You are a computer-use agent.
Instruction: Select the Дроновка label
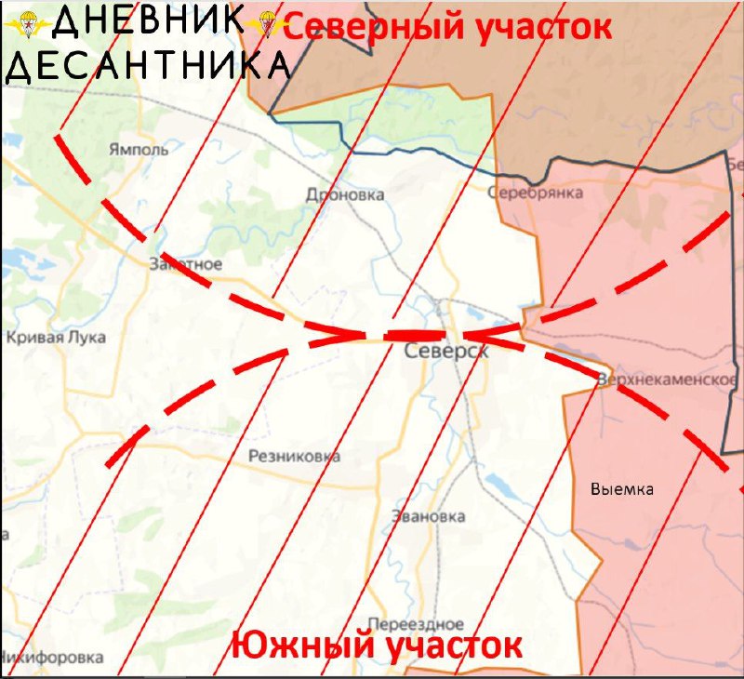pos(345,195)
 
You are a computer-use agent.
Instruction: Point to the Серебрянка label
pos(537,193)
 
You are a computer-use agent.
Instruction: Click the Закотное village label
pos(185,264)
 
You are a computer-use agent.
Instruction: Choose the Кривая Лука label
pos(56,338)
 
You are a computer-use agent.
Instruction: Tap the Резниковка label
pos(294,457)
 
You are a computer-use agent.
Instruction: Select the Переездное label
pos(416,623)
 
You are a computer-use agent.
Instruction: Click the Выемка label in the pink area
pos(622,489)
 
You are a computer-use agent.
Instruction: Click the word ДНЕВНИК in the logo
pos(149,21)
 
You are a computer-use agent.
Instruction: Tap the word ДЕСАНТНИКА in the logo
pos(147,66)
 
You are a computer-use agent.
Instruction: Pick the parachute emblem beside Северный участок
pos(268,25)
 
